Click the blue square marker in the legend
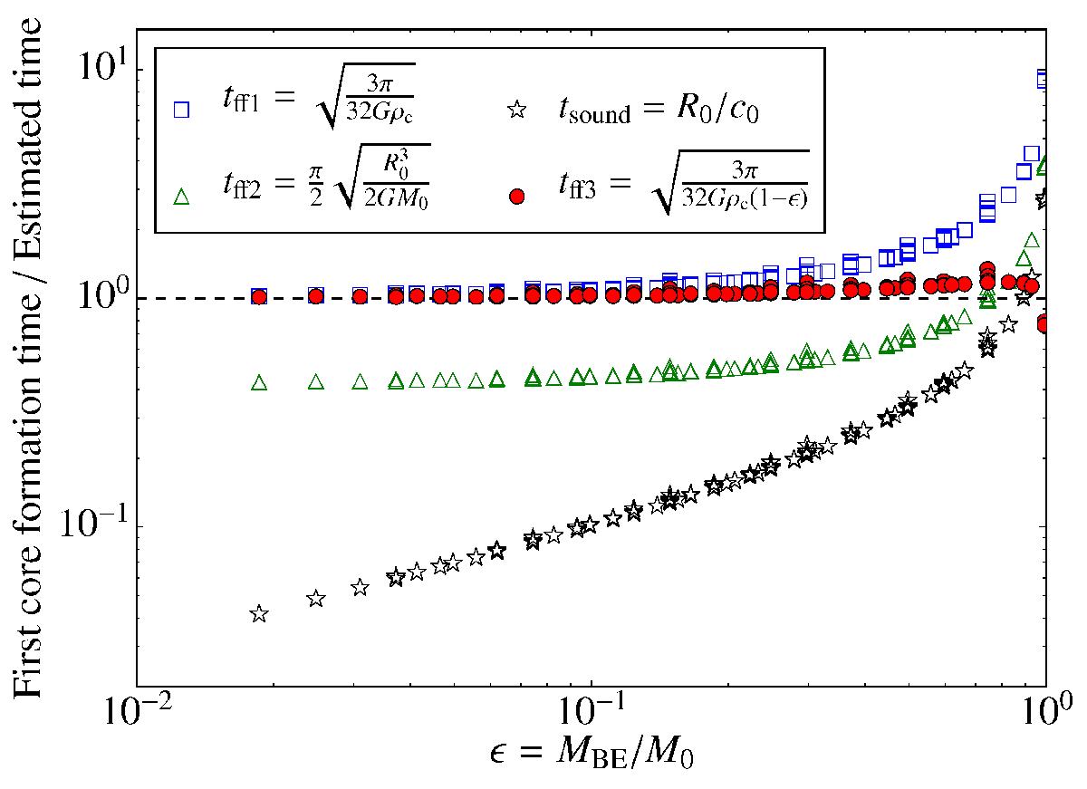click(181, 110)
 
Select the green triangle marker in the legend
click(181, 197)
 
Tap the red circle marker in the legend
click(517, 197)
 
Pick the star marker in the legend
click(517, 111)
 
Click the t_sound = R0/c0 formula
click(658, 111)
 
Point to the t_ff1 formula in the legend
click(319, 97)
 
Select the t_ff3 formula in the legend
click(683, 183)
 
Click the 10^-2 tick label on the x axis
click(139, 712)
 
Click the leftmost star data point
click(259, 614)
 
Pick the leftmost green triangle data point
click(260, 382)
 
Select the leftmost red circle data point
click(260, 297)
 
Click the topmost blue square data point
click(1042, 78)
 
